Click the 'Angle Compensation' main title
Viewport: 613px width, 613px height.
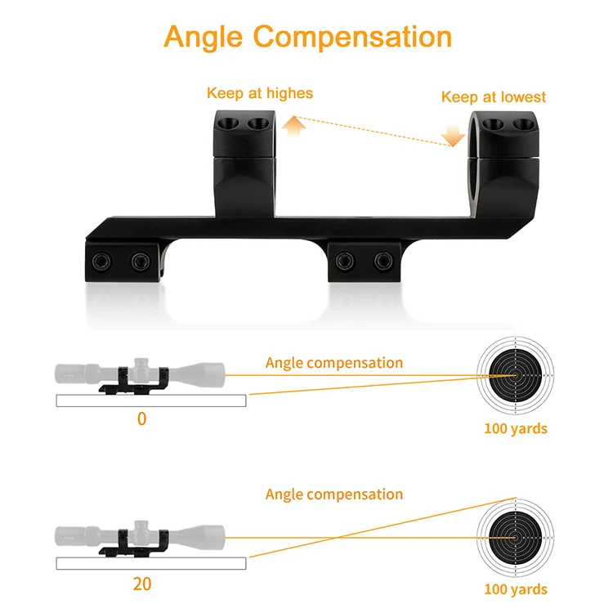tap(307, 37)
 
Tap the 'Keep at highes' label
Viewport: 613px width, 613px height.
tap(259, 93)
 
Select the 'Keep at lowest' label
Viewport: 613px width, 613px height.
tap(493, 97)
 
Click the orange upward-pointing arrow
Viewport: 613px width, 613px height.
tap(295, 125)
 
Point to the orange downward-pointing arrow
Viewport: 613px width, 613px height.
tap(450, 135)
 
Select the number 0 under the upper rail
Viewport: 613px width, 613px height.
tap(141, 419)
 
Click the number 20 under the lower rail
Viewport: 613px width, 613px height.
tap(141, 584)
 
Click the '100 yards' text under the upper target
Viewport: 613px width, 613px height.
tap(516, 428)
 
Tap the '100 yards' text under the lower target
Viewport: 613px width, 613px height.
tap(516, 589)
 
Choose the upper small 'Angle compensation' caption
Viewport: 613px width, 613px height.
tap(333, 363)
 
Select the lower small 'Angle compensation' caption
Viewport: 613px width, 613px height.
tap(333, 494)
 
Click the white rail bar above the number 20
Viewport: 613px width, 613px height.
tap(151, 563)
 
